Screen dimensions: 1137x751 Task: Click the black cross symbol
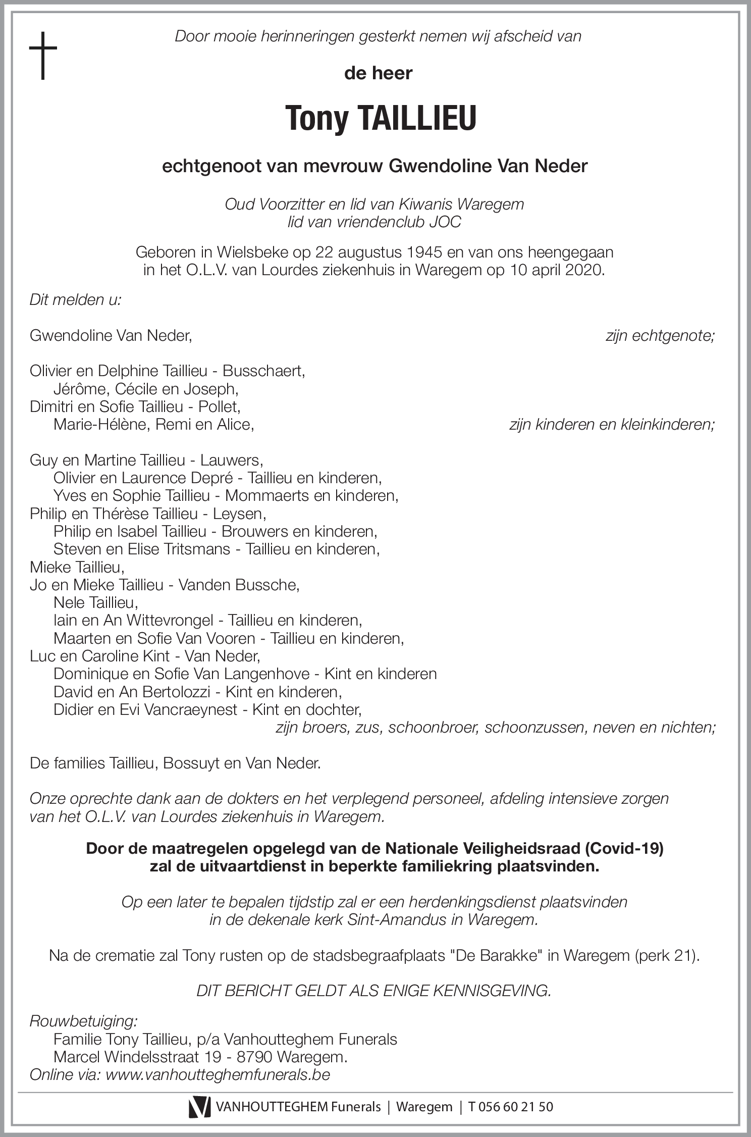pyautogui.click(x=43, y=55)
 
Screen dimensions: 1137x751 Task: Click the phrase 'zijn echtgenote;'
pyautogui.click(x=660, y=336)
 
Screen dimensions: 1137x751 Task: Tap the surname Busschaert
pyautogui.click(x=263, y=371)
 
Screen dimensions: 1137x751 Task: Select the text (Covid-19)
pyautogui.click(x=624, y=849)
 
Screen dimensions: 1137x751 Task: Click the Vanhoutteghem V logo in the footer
pyautogui.click(x=199, y=1107)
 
